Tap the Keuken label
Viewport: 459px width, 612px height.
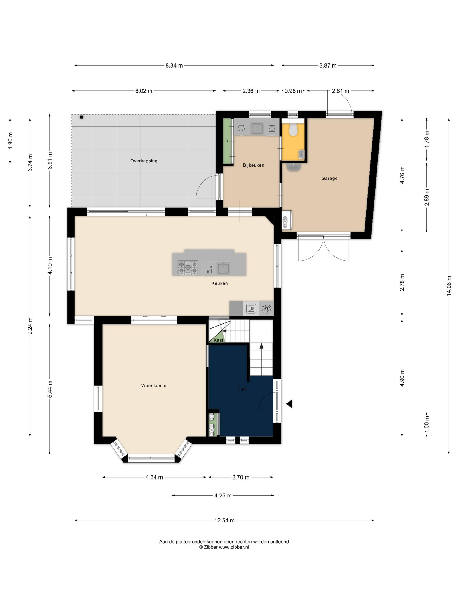[220, 283]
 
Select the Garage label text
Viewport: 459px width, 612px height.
[329, 178]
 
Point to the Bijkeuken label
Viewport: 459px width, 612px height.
[253, 165]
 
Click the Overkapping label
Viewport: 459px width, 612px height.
[144, 161]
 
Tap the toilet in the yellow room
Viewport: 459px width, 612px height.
[293, 129]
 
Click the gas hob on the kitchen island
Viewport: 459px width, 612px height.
[188, 268]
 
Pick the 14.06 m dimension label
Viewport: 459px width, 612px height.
[449, 286]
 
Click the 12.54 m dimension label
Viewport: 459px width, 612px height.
[224, 520]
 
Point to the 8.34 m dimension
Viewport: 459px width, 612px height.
[174, 66]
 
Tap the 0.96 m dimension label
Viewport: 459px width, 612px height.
[293, 91]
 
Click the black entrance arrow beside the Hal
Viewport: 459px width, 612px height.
[289, 404]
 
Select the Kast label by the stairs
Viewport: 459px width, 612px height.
[218, 340]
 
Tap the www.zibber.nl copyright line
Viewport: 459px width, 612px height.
[224, 547]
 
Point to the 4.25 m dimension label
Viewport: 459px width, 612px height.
[223, 496]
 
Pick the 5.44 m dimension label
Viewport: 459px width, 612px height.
[50, 389]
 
